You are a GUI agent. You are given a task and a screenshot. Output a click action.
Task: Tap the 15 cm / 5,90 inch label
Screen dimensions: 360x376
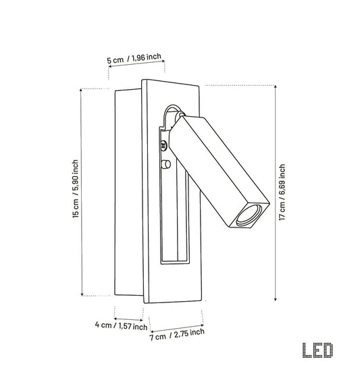point(76,189)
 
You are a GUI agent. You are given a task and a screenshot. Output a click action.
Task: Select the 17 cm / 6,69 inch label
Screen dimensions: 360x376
point(282,192)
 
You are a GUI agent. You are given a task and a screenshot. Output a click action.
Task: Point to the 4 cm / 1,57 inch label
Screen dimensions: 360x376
point(121,325)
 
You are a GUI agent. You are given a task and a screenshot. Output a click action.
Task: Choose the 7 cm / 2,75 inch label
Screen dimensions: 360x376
point(177,334)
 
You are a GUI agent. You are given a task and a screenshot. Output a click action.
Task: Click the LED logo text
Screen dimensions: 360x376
point(317,350)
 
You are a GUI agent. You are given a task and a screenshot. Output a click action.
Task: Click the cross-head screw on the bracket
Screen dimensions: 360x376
point(164,145)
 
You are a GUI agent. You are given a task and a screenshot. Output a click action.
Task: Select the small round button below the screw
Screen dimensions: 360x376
point(166,164)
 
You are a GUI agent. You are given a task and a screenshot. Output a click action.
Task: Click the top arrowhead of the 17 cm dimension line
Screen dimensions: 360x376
point(276,86)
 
